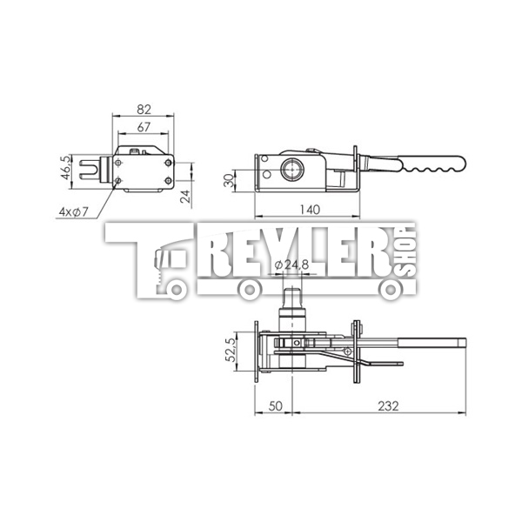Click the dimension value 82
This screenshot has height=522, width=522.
(x=144, y=110)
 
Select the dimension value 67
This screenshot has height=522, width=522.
(x=144, y=128)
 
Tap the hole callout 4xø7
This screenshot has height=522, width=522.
(x=74, y=211)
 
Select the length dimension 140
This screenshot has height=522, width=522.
(x=306, y=210)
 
